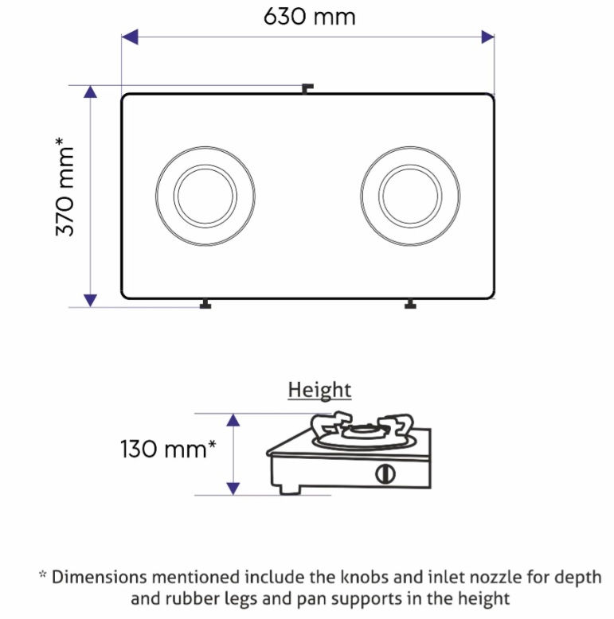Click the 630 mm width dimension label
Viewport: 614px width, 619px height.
click(309, 17)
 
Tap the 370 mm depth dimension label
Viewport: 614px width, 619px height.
click(65, 186)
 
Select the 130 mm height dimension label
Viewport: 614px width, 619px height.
click(168, 449)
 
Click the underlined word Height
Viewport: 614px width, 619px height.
click(319, 390)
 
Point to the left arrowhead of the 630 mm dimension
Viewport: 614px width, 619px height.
click(130, 37)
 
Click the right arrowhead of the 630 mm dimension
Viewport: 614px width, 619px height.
click(487, 37)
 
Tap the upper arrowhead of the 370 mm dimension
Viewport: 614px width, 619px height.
click(91, 91)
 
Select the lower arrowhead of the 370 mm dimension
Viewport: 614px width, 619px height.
click(91, 301)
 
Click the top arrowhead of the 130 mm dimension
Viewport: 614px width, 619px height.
click(233, 419)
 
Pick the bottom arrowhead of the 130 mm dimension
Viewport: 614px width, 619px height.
click(233, 489)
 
